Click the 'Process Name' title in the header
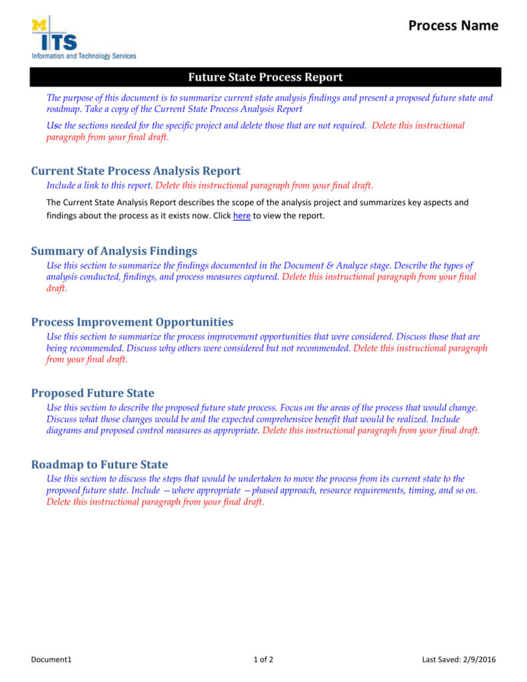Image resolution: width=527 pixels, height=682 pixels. point(453,25)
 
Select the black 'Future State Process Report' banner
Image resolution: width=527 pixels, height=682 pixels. point(265,77)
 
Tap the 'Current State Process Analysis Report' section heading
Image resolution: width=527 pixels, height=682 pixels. point(136,170)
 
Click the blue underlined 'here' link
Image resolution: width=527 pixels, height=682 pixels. point(242,216)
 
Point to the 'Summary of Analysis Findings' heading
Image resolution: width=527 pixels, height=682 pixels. point(114,251)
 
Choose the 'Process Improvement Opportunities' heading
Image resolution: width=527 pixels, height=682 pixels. point(132,322)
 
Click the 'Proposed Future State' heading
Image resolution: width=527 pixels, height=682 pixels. point(93,393)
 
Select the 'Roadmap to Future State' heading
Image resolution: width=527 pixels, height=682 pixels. point(99,464)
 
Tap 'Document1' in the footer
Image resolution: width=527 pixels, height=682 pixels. point(51,660)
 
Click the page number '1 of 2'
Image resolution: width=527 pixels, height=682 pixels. point(263,660)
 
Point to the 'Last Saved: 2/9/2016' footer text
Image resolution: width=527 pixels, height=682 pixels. point(459,660)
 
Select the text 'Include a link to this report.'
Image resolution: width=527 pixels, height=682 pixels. point(100,186)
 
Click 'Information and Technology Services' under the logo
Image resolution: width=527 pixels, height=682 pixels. point(84,56)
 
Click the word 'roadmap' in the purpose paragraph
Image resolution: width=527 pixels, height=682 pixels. point(63,109)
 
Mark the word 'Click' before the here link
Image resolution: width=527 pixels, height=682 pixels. point(222,216)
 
